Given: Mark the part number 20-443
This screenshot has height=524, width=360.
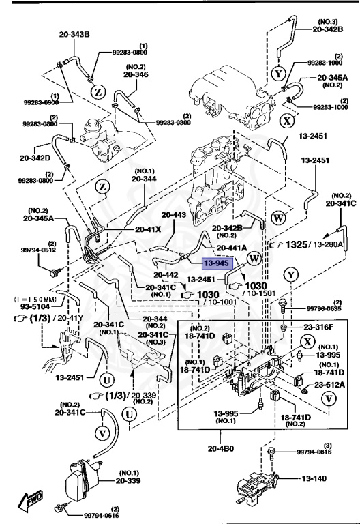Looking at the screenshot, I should (x=174, y=214).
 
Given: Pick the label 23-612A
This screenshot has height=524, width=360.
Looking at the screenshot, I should (x=329, y=385).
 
